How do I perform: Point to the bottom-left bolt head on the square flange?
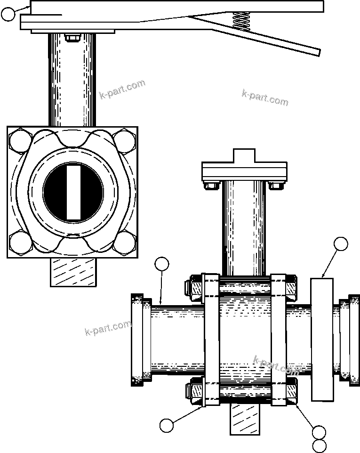coord(19,243)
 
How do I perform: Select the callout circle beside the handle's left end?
coord(8,15)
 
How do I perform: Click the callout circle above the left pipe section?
coord(162,264)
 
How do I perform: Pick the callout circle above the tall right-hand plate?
coord(341,244)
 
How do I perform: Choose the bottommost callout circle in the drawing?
coord(320,445)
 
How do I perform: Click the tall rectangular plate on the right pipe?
coord(322,340)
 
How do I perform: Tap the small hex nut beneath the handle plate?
coord(72,38)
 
